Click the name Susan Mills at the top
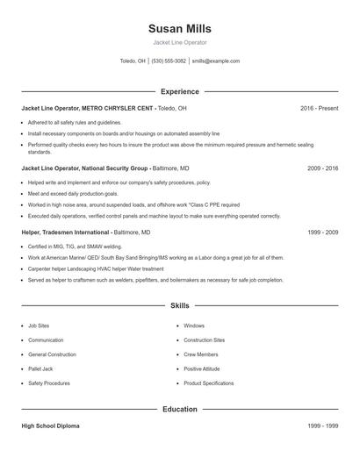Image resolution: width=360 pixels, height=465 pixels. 180,29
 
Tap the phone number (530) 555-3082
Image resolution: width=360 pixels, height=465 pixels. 169,61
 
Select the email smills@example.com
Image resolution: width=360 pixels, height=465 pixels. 215,61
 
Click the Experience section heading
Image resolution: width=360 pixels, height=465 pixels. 180,91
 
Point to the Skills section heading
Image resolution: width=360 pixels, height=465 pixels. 180,305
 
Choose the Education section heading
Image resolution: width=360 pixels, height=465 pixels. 180,409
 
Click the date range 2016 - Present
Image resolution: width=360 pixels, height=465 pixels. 319,109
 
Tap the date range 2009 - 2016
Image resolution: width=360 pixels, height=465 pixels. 322,167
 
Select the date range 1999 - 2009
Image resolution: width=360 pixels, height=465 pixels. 322,233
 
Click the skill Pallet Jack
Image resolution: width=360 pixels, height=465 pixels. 40,369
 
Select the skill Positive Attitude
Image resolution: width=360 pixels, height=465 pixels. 202,369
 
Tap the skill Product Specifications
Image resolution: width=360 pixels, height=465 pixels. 209,383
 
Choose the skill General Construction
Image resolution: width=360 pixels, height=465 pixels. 53,354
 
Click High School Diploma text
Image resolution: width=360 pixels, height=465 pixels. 50,426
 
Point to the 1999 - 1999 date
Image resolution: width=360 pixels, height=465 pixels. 322,426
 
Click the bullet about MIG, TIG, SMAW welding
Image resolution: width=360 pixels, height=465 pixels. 75,247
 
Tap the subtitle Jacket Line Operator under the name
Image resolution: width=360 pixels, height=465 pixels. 180,42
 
